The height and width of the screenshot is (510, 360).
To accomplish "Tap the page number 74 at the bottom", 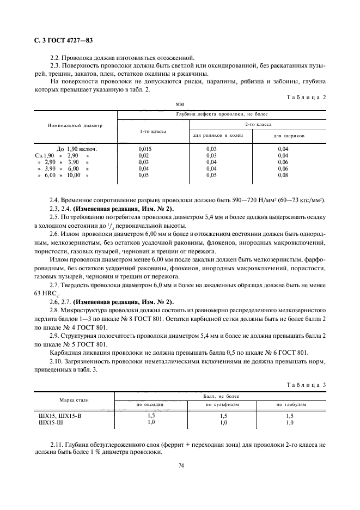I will coord(180,465).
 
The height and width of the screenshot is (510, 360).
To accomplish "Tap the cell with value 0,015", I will coord(145,149).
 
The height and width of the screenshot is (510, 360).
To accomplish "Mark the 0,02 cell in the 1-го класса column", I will coord(144,155).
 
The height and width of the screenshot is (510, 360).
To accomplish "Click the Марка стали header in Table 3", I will coord(74,400).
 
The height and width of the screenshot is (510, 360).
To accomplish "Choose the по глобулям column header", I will coord(291,404).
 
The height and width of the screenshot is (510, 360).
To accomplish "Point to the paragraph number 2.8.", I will coord(55,309).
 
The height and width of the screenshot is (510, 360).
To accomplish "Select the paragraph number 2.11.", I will coord(57,445).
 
